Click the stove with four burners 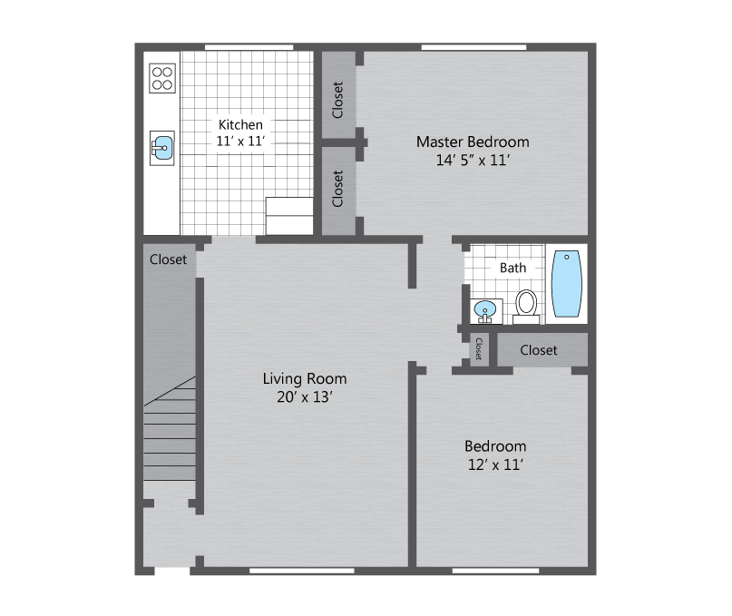tap(162, 78)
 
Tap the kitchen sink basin tap(163, 148)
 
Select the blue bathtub tap(567, 283)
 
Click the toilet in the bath tap(526, 306)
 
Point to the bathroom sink tap(486, 311)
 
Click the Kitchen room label tap(240, 124)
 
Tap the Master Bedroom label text tap(473, 142)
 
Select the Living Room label tap(305, 378)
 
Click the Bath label tap(512, 268)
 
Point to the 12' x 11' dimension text tap(495, 464)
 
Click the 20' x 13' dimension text tap(305, 397)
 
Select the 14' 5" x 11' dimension tap(473, 161)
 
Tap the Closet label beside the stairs tap(168, 259)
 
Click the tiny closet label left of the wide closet tap(479, 349)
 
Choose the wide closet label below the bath tap(539, 350)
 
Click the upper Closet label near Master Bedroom tap(337, 100)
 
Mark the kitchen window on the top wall tap(249, 47)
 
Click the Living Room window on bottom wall tap(301, 571)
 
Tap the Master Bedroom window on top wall tap(473, 47)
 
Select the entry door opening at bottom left tap(171, 571)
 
